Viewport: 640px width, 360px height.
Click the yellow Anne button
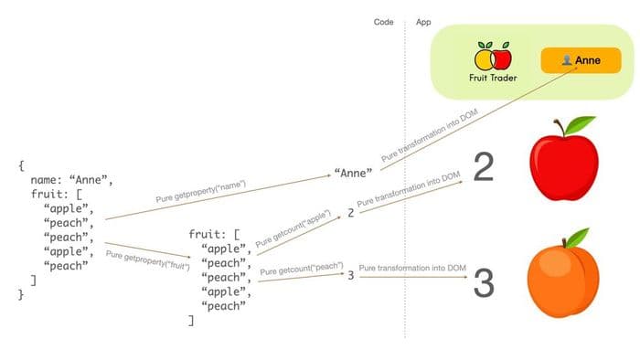point(581,60)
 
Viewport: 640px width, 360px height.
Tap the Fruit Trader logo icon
point(494,57)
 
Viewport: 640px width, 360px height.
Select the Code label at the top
point(384,21)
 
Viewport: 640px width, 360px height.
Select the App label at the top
point(423,21)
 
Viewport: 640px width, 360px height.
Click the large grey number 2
point(485,167)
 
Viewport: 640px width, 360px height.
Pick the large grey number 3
point(484,283)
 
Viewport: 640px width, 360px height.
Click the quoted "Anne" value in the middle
point(354,172)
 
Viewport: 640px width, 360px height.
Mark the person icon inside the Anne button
point(567,60)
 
